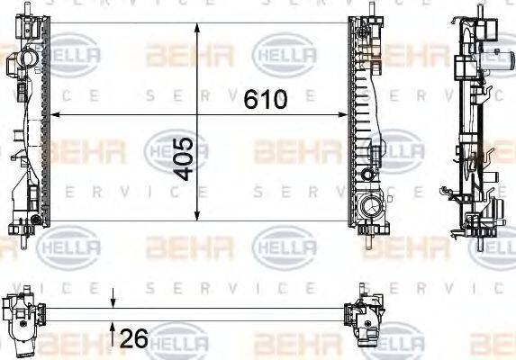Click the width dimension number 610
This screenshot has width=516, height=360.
pyautogui.click(x=266, y=99)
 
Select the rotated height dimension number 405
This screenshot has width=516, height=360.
pyautogui.click(x=182, y=158)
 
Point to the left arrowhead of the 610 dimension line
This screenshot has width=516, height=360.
pyautogui.click(x=53, y=114)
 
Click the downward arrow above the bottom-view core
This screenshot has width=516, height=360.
pyautogui.click(x=113, y=301)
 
